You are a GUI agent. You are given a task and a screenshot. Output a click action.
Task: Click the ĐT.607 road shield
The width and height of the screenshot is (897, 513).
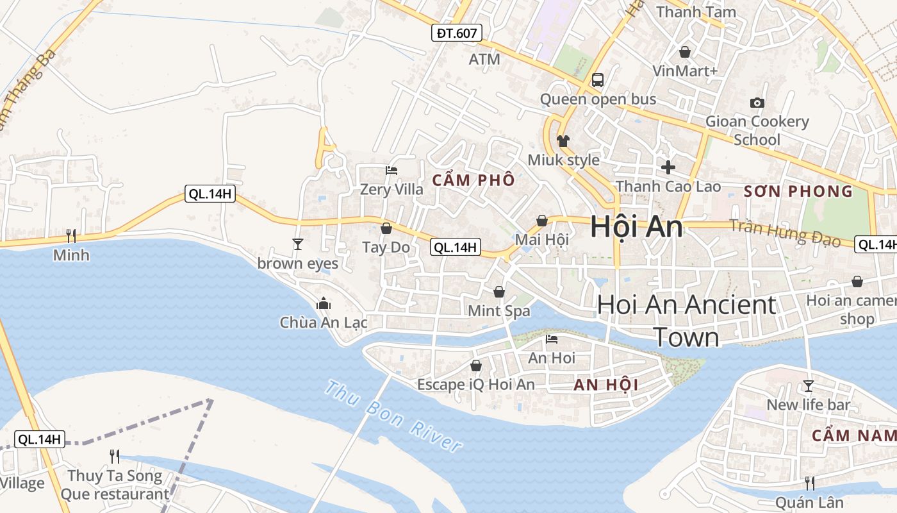tap(456, 33)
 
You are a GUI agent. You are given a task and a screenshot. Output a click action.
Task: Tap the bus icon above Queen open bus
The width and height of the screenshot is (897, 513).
tap(597, 80)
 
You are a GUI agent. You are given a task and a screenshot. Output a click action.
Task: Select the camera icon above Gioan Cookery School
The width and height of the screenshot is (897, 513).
tap(757, 103)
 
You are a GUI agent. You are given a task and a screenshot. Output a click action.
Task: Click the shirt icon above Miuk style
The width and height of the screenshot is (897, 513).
tap(563, 141)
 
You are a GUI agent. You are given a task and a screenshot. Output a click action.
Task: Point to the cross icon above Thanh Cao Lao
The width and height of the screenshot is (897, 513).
tap(668, 167)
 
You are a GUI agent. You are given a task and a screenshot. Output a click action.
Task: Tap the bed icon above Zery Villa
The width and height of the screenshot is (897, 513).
tap(391, 171)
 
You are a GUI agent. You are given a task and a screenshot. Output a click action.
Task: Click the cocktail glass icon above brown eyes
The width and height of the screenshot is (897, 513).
tap(297, 244)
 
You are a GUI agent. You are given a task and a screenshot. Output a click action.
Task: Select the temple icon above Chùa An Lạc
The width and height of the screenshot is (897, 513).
tap(324, 303)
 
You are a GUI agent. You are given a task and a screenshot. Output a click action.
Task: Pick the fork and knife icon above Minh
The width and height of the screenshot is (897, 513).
tap(71, 236)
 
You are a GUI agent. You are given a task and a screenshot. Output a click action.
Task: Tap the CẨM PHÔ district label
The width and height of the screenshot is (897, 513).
tap(473, 181)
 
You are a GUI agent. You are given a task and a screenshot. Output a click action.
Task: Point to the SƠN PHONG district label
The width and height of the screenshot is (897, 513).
tap(798, 191)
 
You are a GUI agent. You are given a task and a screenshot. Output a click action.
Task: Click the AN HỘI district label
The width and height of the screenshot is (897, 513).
tap(605, 385)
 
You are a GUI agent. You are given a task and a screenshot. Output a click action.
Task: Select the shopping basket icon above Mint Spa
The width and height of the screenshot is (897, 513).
tap(499, 292)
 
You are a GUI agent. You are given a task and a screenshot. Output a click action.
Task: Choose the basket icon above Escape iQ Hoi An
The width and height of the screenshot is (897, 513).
tap(476, 366)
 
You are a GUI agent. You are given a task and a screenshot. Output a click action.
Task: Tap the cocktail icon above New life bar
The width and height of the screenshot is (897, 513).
tap(809, 386)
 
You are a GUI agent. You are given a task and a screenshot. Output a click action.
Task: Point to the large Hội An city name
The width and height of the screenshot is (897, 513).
tap(636, 226)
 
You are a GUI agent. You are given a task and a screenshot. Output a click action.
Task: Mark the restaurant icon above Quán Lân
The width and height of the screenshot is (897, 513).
tap(810, 483)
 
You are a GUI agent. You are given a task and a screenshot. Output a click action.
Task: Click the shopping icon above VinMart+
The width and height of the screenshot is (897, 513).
tap(685, 52)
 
